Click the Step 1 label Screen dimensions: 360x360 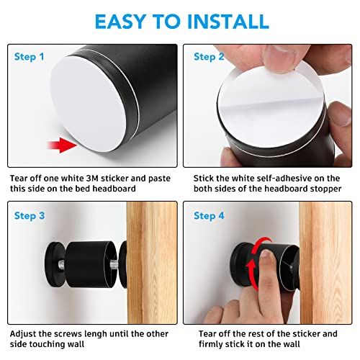click(x=29, y=57)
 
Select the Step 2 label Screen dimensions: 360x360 click(x=209, y=57)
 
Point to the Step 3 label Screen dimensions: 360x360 click(x=30, y=216)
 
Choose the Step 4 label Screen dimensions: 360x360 click(x=209, y=216)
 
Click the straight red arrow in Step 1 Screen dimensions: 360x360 click(x=62, y=145)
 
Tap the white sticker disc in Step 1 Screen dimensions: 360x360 click(x=88, y=104)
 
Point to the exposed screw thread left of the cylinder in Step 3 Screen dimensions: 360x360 click(x=61, y=265)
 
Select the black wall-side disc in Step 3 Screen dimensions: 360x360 click(x=54, y=264)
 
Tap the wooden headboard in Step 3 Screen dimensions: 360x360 click(x=152, y=263)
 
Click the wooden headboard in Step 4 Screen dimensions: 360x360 click(x=325, y=263)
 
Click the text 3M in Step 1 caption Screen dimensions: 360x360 click(x=92, y=179)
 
